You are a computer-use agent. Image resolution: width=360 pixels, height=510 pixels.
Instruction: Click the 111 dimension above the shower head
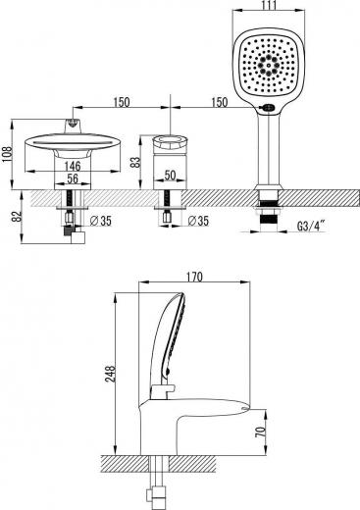tap(269, 5)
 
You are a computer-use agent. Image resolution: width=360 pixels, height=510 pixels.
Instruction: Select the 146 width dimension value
tap(73, 166)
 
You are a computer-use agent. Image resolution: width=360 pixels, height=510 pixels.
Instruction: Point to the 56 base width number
tap(73, 178)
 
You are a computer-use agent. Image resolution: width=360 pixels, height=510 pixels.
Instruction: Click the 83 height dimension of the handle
tap(135, 162)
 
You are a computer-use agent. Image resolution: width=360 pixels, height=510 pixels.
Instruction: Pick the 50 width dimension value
tap(170, 176)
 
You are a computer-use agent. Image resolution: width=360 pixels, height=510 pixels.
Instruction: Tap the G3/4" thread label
tap(311, 226)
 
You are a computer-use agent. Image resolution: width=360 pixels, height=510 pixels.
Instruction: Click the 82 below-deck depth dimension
tap(18, 216)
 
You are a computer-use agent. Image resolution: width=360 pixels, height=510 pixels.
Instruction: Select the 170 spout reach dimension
tap(194, 277)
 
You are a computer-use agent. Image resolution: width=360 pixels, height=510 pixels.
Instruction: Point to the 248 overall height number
tap(110, 374)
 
